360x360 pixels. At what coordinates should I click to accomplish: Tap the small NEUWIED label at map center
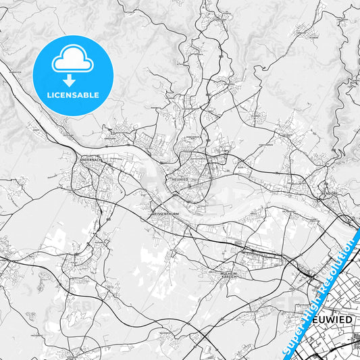pyautogui.click(x=180, y=180)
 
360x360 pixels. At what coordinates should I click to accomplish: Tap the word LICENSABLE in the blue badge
pyautogui.click(x=72, y=95)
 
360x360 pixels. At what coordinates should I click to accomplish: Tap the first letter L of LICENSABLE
pyautogui.click(x=47, y=95)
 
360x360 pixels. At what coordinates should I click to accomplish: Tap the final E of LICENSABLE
pyautogui.click(x=97, y=95)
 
